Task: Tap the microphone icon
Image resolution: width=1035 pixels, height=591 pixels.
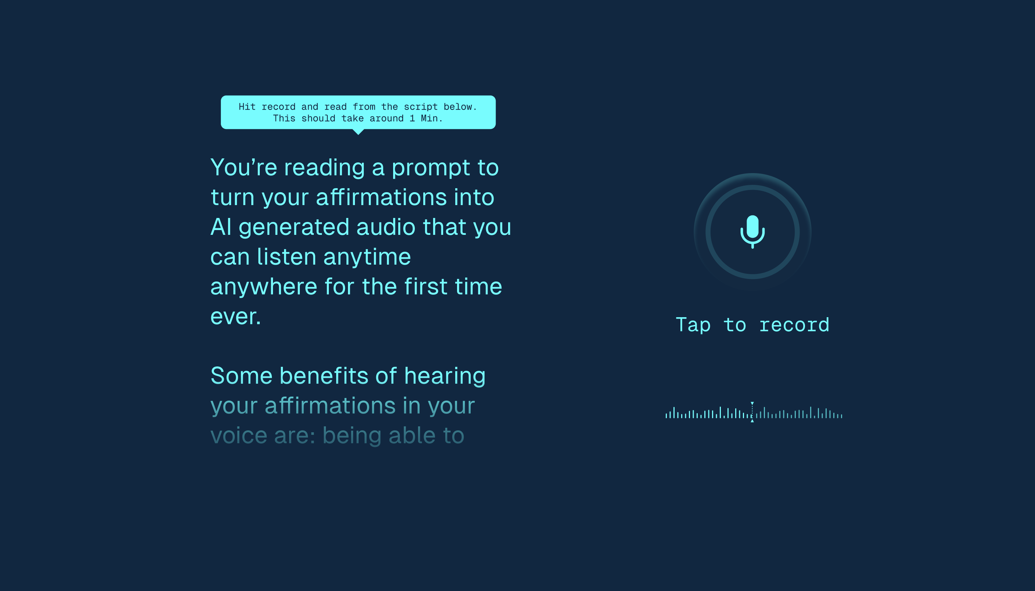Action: tap(752, 232)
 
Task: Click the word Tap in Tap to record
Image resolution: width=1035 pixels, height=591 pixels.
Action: tap(693, 325)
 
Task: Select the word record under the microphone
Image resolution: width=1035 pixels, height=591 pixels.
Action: tap(794, 325)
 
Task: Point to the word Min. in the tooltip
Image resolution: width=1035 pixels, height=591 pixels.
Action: tap(432, 118)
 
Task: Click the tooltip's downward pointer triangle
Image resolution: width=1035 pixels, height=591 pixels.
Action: tap(358, 132)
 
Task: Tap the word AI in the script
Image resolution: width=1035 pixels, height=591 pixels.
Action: tap(221, 227)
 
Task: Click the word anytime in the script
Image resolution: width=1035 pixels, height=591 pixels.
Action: tap(367, 257)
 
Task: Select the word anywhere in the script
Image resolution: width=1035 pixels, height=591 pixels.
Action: tap(263, 287)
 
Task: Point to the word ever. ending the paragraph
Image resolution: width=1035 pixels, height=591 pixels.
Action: tap(235, 316)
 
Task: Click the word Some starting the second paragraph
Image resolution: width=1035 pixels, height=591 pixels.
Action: tap(241, 376)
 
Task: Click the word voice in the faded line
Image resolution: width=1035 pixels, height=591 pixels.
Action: tap(238, 436)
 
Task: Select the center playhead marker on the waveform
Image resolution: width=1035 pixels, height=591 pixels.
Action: tap(752, 412)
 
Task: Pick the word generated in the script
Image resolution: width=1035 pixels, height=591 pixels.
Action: tap(294, 227)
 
